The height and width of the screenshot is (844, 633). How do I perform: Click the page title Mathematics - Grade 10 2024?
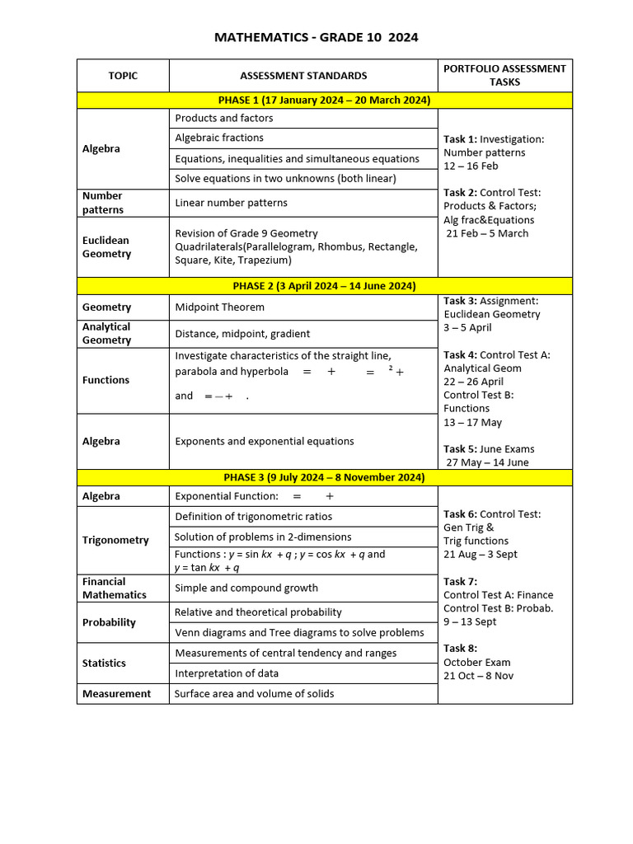click(x=316, y=37)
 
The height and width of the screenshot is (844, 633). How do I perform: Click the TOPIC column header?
click(x=123, y=76)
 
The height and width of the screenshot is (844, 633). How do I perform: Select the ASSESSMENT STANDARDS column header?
click(x=303, y=76)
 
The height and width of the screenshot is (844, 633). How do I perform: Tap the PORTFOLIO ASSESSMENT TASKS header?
click(x=504, y=75)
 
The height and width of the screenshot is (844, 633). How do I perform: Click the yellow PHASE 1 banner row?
click(x=324, y=101)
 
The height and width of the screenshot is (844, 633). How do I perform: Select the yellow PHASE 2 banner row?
click(x=324, y=286)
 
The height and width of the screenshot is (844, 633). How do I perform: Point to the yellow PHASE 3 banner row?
click(x=324, y=477)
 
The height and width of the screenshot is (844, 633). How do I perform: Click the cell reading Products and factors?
click(x=224, y=119)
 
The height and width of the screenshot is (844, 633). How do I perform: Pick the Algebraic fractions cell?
click(x=219, y=138)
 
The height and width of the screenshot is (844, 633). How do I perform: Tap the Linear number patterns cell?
click(x=231, y=203)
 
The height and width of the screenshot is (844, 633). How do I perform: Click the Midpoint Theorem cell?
click(x=219, y=307)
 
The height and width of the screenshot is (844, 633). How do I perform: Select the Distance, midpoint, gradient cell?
click(x=242, y=334)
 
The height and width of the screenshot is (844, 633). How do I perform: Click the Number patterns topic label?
click(x=103, y=203)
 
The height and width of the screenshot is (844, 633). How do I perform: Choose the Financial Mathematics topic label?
click(x=115, y=588)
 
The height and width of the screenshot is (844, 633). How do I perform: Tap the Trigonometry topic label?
click(x=115, y=541)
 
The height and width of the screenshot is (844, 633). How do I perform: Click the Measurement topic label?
click(x=116, y=694)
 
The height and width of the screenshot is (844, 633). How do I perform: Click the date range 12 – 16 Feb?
click(x=471, y=166)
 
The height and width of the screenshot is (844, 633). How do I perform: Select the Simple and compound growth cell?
click(x=246, y=588)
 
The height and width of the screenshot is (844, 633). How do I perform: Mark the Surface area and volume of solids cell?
click(x=254, y=694)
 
